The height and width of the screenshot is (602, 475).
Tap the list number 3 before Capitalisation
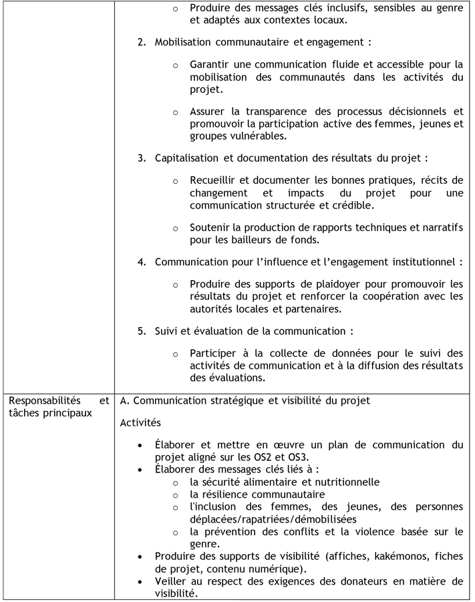(141, 158)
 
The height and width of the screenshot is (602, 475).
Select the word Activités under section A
(140, 423)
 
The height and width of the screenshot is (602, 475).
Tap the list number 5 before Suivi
(141, 331)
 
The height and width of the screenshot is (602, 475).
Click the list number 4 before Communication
(141, 262)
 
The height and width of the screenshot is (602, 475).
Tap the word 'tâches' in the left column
(23, 413)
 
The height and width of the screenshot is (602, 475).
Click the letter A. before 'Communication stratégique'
(124, 401)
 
